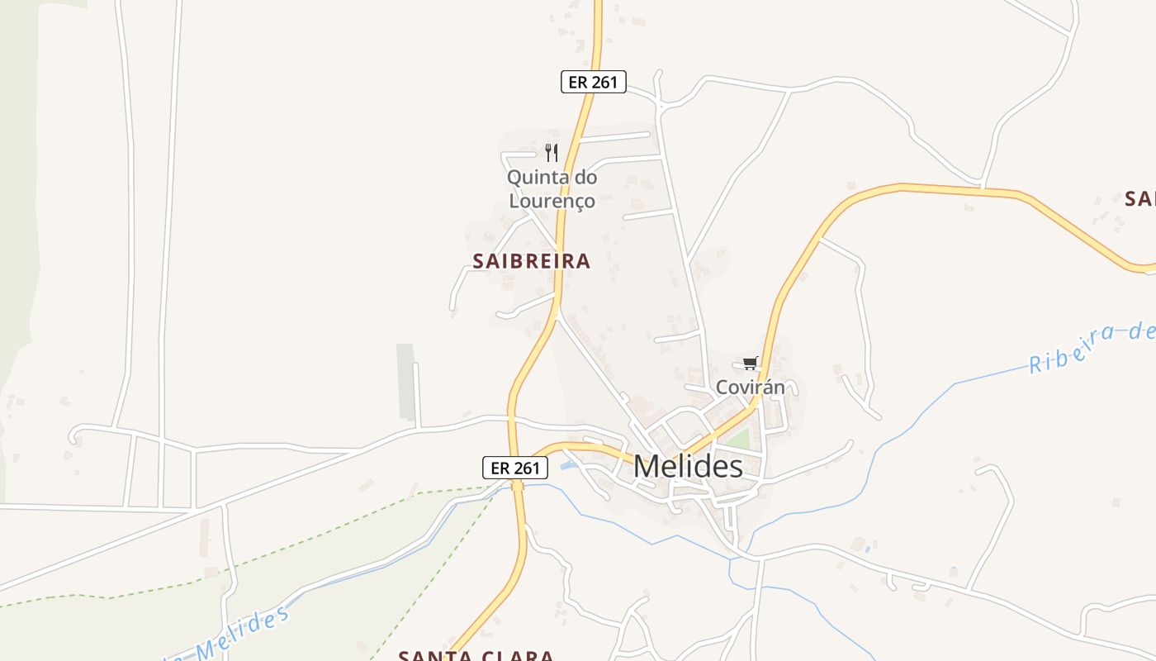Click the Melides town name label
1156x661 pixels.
(x=688, y=467)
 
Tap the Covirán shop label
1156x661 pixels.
(x=750, y=387)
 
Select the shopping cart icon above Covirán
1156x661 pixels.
(x=750, y=364)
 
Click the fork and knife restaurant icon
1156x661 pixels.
(x=552, y=153)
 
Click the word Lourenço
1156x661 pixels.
(x=552, y=200)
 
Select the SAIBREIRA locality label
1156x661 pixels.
(x=532, y=261)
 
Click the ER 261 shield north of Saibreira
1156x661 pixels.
(x=594, y=82)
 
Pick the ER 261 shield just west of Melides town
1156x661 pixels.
(x=515, y=468)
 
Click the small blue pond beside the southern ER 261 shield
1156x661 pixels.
(x=566, y=467)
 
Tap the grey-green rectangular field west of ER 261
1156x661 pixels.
(x=405, y=381)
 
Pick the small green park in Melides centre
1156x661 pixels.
(x=738, y=439)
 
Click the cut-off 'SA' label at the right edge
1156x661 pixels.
(x=1139, y=199)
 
